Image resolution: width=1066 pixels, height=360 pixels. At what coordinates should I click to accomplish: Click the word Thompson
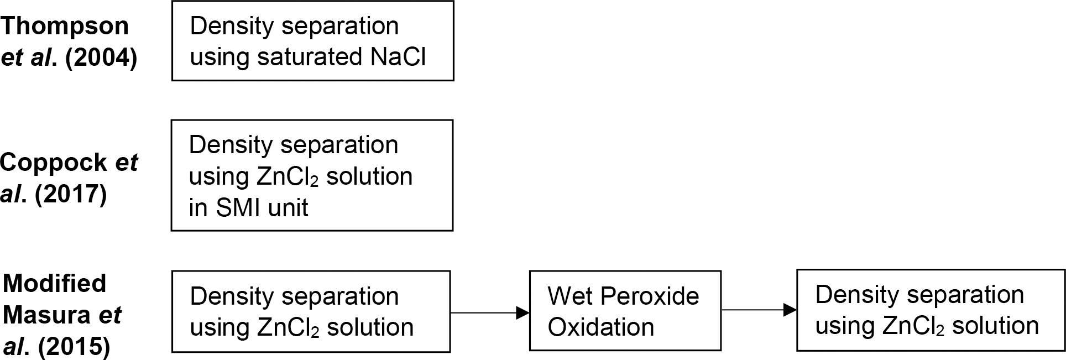[x=65, y=27]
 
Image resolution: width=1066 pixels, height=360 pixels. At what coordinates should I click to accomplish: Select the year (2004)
[x=101, y=58]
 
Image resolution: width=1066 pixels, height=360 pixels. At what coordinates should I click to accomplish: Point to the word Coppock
[x=54, y=163]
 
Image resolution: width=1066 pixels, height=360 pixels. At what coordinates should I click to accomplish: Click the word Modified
[x=55, y=283]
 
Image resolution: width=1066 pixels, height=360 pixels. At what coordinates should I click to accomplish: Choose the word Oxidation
[x=601, y=327]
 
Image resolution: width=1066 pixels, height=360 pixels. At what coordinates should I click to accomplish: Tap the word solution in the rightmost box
[x=995, y=326]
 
